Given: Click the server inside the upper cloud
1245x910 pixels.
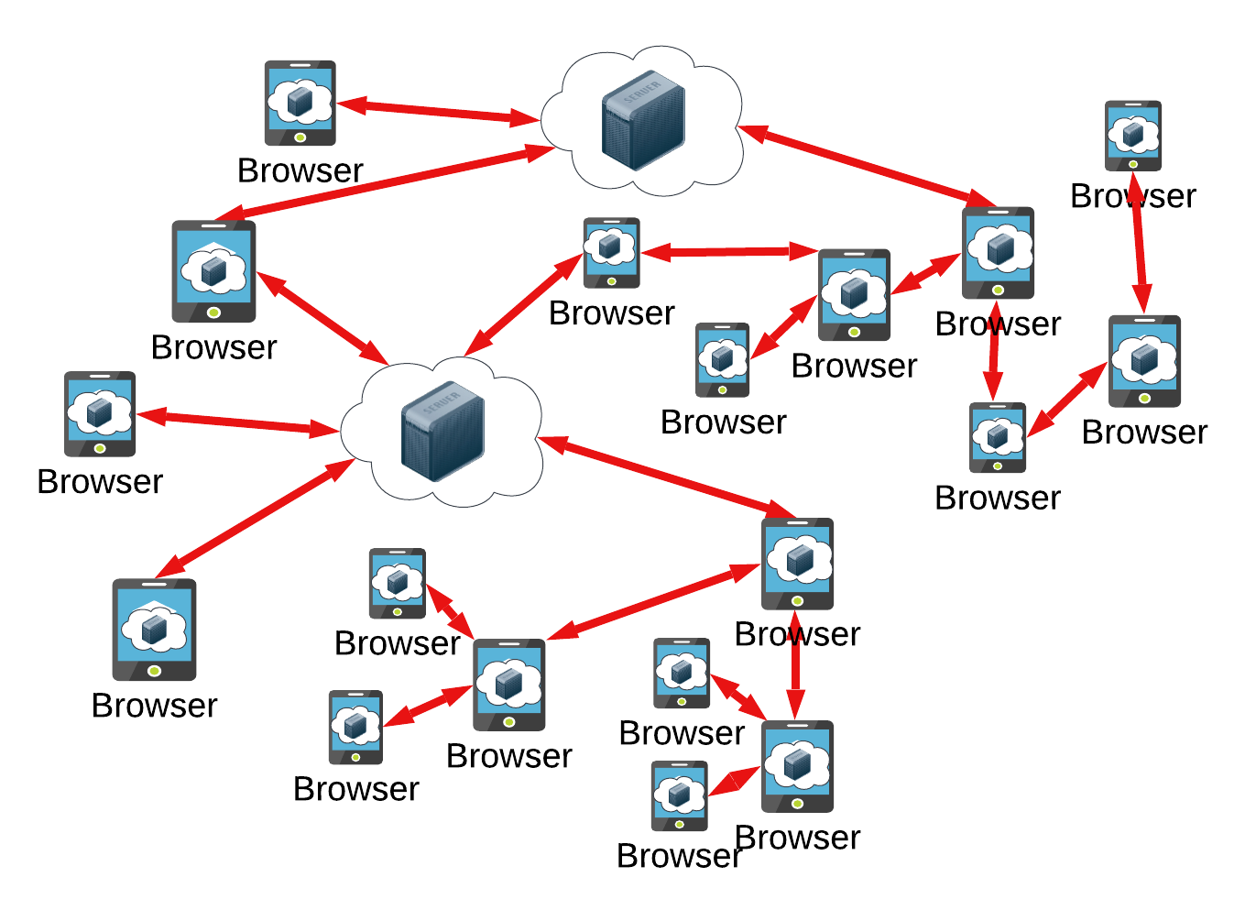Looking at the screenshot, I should [x=643, y=120].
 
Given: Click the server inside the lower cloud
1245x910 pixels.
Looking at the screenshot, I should [x=442, y=431].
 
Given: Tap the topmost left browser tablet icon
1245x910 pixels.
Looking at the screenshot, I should [x=300, y=103].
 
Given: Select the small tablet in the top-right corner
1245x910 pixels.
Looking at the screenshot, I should [x=1133, y=136].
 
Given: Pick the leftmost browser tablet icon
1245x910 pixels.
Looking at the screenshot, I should [x=100, y=413].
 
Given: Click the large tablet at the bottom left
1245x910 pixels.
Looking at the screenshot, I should [x=154, y=629].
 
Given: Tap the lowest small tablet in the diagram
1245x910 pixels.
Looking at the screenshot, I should [x=680, y=795].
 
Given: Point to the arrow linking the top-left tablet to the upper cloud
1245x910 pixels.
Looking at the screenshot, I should [x=438, y=112].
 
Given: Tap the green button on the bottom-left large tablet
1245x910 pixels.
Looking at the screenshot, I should [x=155, y=671].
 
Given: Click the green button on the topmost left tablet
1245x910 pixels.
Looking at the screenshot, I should [x=300, y=137].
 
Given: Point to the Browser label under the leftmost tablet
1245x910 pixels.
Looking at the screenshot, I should [x=100, y=482].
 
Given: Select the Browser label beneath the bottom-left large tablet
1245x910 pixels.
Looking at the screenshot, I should [x=155, y=706].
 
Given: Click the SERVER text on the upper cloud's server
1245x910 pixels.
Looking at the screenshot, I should [x=642, y=92].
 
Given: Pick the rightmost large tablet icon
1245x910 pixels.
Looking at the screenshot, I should [x=1144, y=361].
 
